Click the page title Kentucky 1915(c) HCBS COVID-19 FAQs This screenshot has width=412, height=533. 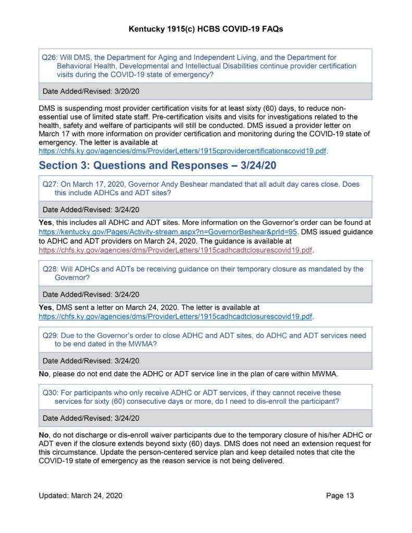coord(206,30)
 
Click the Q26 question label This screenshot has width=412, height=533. coord(49,57)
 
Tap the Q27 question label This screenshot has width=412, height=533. coord(49,184)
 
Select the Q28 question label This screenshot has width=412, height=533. coord(49,269)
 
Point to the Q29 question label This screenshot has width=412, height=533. coord(49,336)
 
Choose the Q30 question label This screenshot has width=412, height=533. coord(49,393)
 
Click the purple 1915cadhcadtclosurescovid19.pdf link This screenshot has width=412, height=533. coord(176,250)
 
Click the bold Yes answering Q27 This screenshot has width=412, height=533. coord(46,223)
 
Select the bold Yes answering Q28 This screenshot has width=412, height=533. coord(46,308)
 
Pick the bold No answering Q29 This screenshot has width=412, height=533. coord(44,374)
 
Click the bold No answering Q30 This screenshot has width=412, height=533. coord(44,435)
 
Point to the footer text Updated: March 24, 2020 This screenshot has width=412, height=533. coord(81,496)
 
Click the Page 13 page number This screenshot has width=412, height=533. coord(340,496)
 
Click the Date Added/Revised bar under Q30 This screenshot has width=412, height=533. coord(205,418)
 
